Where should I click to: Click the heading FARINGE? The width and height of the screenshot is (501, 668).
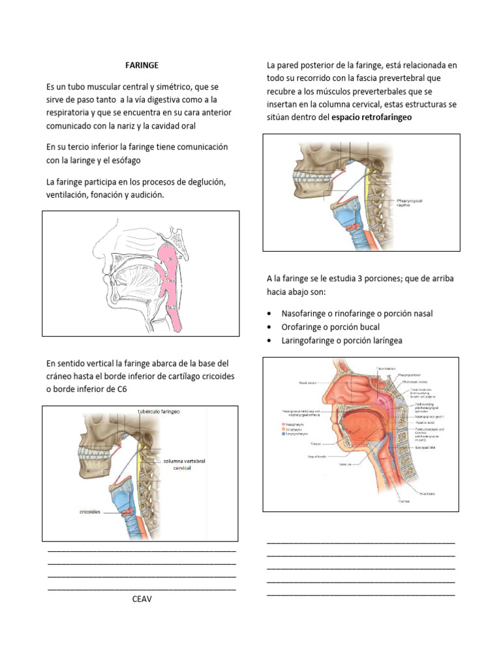tap(142, 65)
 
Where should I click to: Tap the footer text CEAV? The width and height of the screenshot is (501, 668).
tap(142, 599)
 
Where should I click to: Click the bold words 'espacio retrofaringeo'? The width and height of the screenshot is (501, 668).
tap(372, 117)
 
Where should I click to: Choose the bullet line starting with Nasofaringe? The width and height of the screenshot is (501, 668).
tap(357, 314)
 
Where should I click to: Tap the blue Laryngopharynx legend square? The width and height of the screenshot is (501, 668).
tap(283, 433)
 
